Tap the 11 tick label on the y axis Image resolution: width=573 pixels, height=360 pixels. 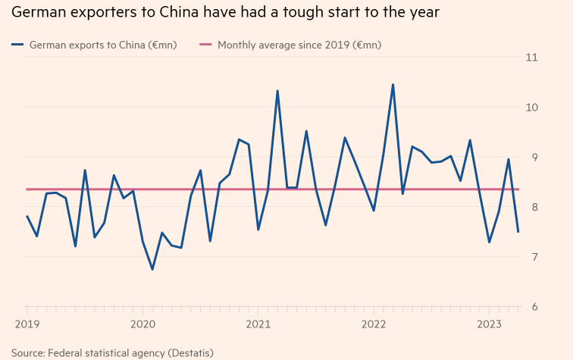coord(531,58)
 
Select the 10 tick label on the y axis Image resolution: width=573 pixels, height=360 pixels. coord(531,108)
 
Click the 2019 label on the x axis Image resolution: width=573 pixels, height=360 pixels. coord(27,323)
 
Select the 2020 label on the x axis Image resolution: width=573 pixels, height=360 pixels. coord(142,323)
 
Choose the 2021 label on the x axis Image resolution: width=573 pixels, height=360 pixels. coord(258,323)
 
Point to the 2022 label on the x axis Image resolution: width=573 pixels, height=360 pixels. coord(374,323)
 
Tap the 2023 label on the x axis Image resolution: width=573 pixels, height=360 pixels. coord(489,323)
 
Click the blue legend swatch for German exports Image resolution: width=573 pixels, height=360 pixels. coord(17,45)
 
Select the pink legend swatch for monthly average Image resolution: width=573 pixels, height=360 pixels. coord(205,45)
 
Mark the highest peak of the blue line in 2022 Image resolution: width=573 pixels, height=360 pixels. coord(393,84)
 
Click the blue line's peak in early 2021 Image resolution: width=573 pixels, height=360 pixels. coord(277,91)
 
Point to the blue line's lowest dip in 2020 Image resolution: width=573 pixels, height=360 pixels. coord(152,269)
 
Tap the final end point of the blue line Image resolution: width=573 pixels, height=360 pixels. coord(518,232)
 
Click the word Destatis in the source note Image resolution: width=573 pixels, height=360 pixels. coord(189,353)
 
